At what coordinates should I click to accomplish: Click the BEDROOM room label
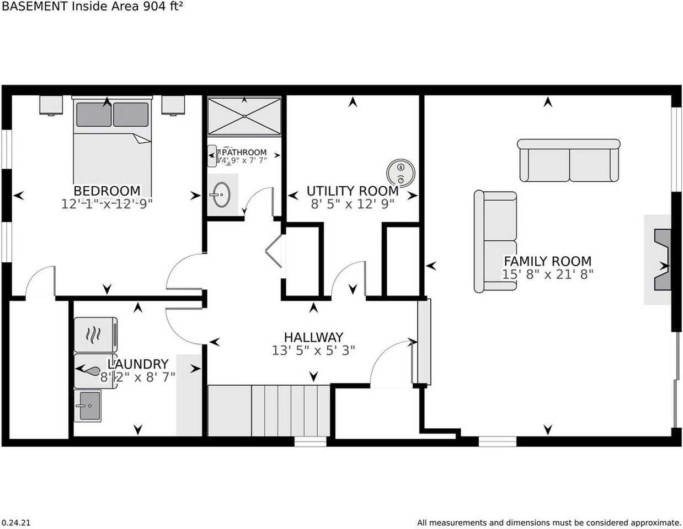pos(106,191)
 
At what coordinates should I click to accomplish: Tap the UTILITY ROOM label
pos(352,191)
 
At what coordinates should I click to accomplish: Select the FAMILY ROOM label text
pos(547,261)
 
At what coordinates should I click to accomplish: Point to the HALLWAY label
pos(313,337)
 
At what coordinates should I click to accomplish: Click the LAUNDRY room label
pos(138,364)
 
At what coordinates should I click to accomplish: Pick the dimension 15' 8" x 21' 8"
pos(547,274)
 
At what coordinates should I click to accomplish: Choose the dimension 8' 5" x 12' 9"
pos(352,204)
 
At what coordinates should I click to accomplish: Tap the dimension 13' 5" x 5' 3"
pos(313,350)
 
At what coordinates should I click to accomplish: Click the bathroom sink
pos(222,195)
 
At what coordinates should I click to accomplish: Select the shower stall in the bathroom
pos(244,116)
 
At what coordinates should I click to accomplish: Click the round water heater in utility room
pos(401,173)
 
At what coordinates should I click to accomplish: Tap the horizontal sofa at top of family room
pos(569,161)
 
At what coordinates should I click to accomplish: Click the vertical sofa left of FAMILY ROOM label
pos(495,241)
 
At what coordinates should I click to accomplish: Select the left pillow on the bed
pos(93,114)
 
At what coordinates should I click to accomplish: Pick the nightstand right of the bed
pos(173,105)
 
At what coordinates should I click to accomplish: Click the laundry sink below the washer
pos(88,406)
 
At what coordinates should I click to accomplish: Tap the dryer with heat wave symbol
pos(95,334)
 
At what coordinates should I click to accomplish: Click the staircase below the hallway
pos(269,411)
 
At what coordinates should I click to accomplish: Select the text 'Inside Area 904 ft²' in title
pos(127,7)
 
